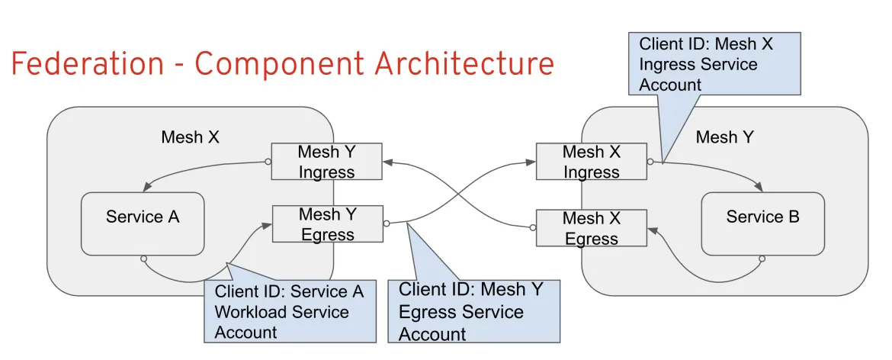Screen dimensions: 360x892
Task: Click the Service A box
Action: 143,223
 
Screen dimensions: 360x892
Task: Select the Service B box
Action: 762,223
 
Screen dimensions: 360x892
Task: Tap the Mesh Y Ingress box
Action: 326,162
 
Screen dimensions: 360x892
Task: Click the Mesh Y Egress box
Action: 327,224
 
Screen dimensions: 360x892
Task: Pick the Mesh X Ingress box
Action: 591,162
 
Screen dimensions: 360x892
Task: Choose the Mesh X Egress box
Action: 591,228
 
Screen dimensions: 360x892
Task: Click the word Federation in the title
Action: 87,64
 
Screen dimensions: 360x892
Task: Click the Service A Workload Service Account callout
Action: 289,311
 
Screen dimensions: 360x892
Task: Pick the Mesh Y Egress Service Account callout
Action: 473,311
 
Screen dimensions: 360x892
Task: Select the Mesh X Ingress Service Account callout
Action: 714,64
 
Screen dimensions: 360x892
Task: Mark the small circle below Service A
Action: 143,259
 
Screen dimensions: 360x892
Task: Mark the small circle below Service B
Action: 761,259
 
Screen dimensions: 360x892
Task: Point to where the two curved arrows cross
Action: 459,194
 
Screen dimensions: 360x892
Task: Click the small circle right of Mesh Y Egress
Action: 387,223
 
